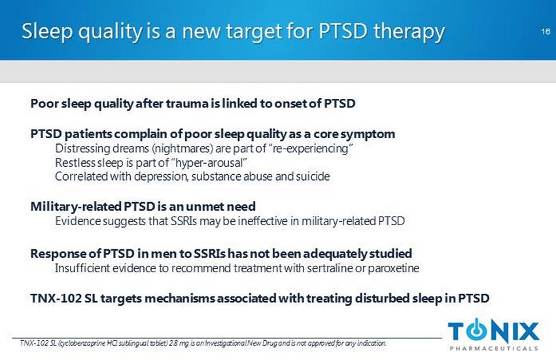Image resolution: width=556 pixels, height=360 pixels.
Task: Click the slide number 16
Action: click(546, 31)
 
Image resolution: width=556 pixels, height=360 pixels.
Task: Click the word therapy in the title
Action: click(409, 32)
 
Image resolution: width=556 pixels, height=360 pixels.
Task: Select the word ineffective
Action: click(263, 221)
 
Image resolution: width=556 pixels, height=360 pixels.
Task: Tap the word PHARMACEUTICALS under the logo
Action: click(494, 348)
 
